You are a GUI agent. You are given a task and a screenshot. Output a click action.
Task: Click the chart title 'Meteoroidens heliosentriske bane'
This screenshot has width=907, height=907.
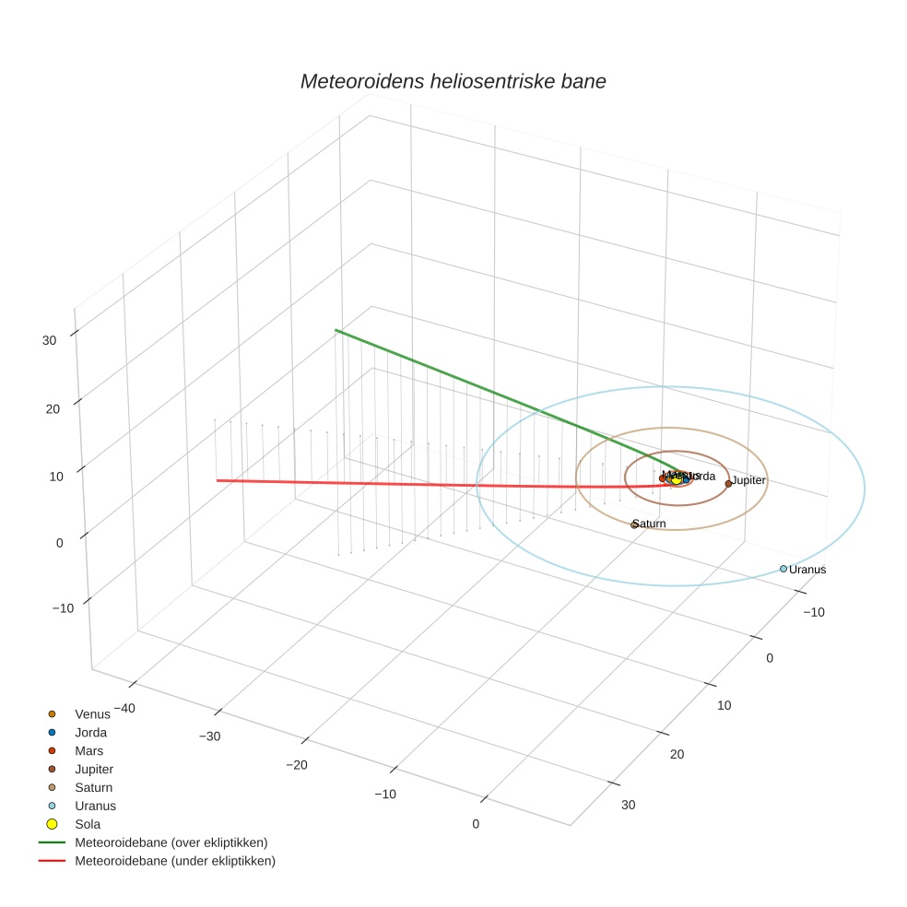[453, 81]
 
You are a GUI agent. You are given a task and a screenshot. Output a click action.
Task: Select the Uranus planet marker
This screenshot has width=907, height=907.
[783, 569]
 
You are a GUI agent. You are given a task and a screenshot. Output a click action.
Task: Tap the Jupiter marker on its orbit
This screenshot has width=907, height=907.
[728, 483]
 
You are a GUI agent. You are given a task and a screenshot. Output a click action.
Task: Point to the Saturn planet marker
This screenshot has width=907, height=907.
[634, 524]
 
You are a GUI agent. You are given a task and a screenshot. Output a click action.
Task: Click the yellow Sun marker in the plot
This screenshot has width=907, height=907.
[676, 479]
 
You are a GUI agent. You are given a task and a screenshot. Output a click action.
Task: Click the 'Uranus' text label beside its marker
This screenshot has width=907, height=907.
[807, 570]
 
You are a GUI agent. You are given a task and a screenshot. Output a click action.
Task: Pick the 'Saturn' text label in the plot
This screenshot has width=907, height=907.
[650, 524]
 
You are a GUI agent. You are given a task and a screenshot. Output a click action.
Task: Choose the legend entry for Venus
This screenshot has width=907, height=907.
[91, 713]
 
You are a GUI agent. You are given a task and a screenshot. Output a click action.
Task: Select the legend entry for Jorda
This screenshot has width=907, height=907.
[90, 732]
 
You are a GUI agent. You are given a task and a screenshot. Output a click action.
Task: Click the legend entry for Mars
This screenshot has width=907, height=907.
[88, 750]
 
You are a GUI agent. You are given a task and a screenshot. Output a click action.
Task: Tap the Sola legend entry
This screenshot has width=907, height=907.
[88, 824]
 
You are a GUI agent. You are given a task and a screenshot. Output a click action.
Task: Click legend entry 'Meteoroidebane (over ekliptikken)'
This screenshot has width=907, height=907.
[171, 842]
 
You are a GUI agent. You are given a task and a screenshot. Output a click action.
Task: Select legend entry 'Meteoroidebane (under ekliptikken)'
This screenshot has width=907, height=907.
[174, 861]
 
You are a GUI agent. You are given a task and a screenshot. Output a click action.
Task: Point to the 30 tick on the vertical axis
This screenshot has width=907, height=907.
[49, 340]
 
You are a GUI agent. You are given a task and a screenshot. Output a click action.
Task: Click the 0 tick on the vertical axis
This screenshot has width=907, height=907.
[59, 543]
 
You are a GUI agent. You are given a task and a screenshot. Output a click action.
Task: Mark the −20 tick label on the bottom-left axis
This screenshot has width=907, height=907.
[296, 765]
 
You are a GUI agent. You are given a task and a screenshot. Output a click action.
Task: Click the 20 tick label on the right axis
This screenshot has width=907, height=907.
[677, 755]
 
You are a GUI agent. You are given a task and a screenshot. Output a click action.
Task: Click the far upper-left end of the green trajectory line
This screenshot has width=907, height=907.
[336, 329]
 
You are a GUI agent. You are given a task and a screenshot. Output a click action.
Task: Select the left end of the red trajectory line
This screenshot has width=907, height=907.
[218, 480]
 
